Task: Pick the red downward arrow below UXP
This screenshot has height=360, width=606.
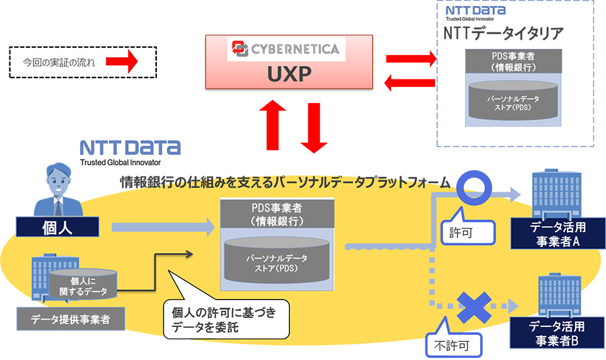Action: (x=314, y=126)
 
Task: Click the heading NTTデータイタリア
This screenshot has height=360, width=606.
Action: (x=504, y=33)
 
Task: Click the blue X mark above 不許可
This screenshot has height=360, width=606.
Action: (x=475, y=307)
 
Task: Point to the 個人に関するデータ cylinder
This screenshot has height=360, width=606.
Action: (x=83, y=285)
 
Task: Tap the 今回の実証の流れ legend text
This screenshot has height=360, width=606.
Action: (x=59, y=64)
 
